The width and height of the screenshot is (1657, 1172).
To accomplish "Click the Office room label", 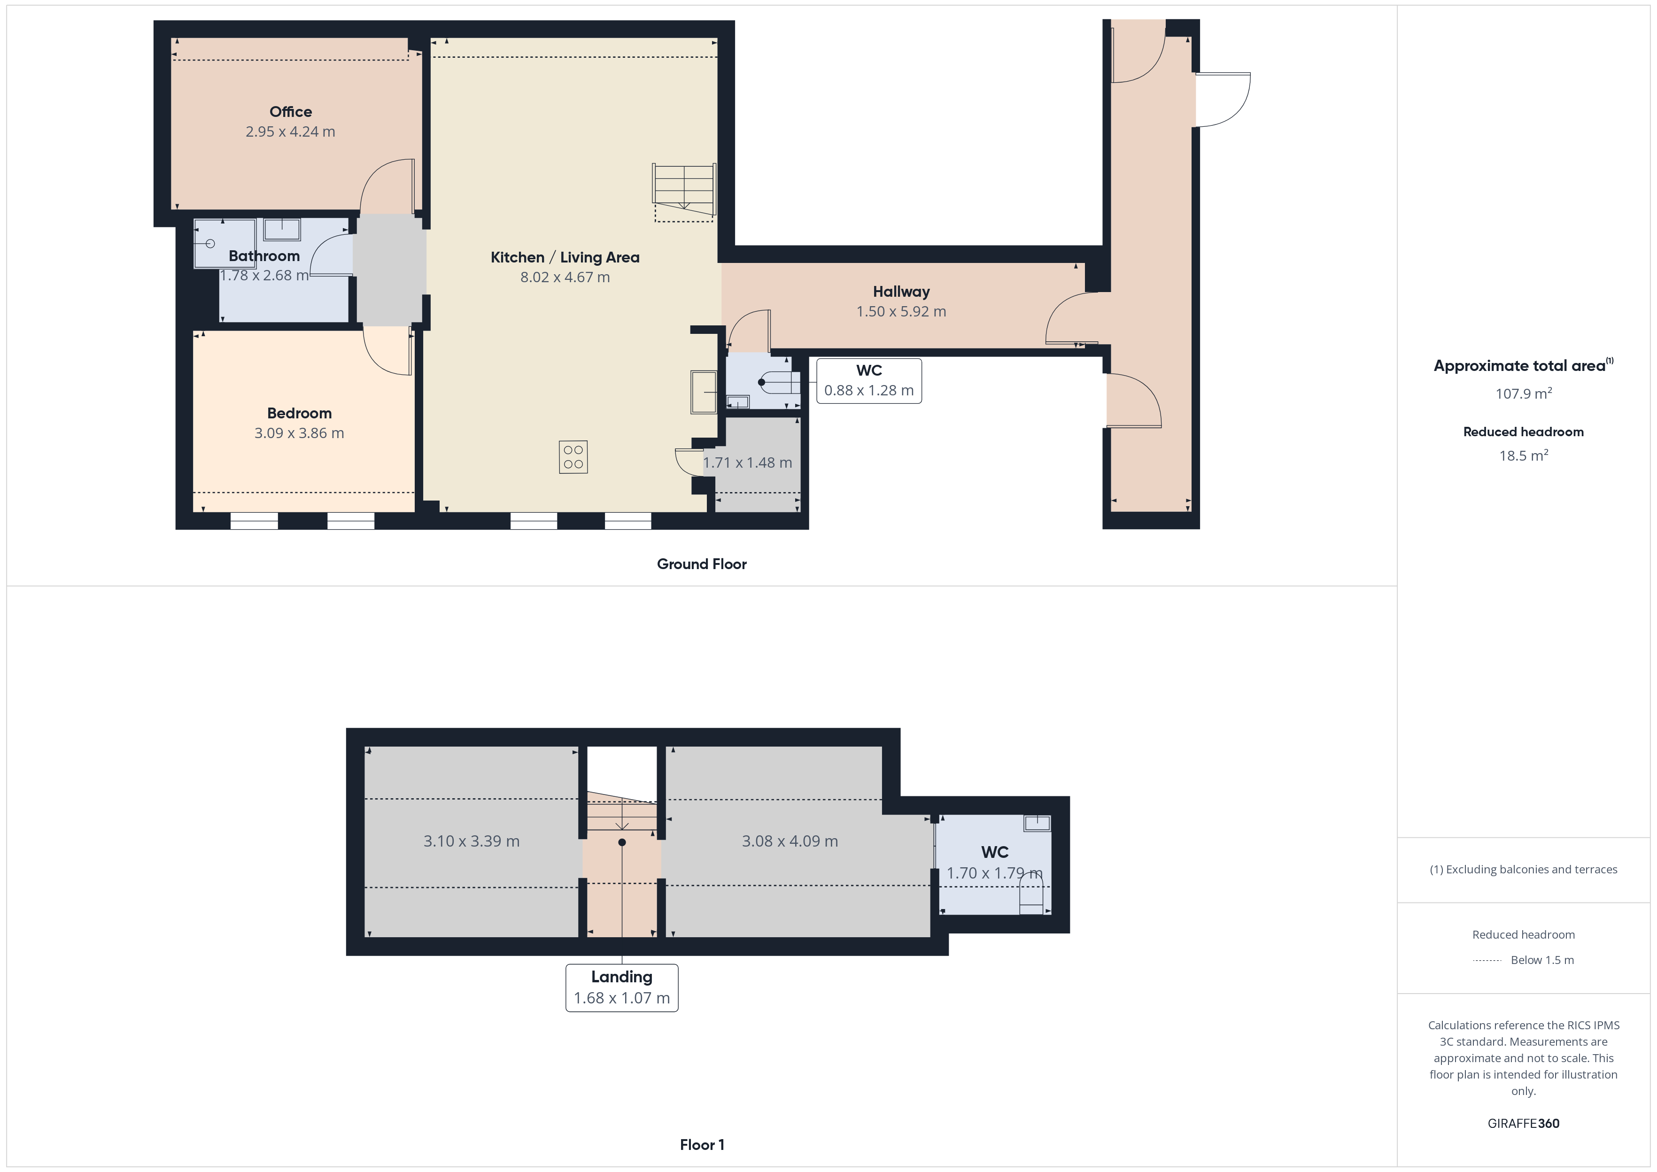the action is tap(291, 112).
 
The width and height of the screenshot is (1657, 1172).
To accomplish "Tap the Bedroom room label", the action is tap(300, 414).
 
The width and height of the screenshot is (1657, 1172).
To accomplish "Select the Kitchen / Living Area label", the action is tap(565, 258).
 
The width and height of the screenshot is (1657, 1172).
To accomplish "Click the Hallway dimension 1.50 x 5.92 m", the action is tap(901, 312).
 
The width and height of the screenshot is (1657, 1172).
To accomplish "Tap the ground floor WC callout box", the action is tap(869, 381).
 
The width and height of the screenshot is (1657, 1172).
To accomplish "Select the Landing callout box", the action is tap(622, 988).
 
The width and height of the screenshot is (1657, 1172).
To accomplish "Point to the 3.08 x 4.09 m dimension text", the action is tap(790, 841).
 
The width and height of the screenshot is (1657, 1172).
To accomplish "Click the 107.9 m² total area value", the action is tap(1524, 393).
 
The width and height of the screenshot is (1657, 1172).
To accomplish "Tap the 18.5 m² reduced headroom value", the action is tap(1524, 455).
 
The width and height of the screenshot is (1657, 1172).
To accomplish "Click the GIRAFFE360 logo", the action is tap(1524, 1124).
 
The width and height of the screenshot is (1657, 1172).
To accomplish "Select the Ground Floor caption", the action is tap(702, 564).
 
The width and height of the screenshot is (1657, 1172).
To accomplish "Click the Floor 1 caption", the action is tap(702, 1145).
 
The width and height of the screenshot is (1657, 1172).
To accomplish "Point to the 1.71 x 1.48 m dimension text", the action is tap(748, 463).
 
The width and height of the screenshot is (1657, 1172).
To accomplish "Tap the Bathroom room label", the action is tap(264, 256).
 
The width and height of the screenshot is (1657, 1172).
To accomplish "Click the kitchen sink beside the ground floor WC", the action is tap(704, 392).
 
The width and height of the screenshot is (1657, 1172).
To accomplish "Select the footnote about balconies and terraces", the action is tap(1524, 870).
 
